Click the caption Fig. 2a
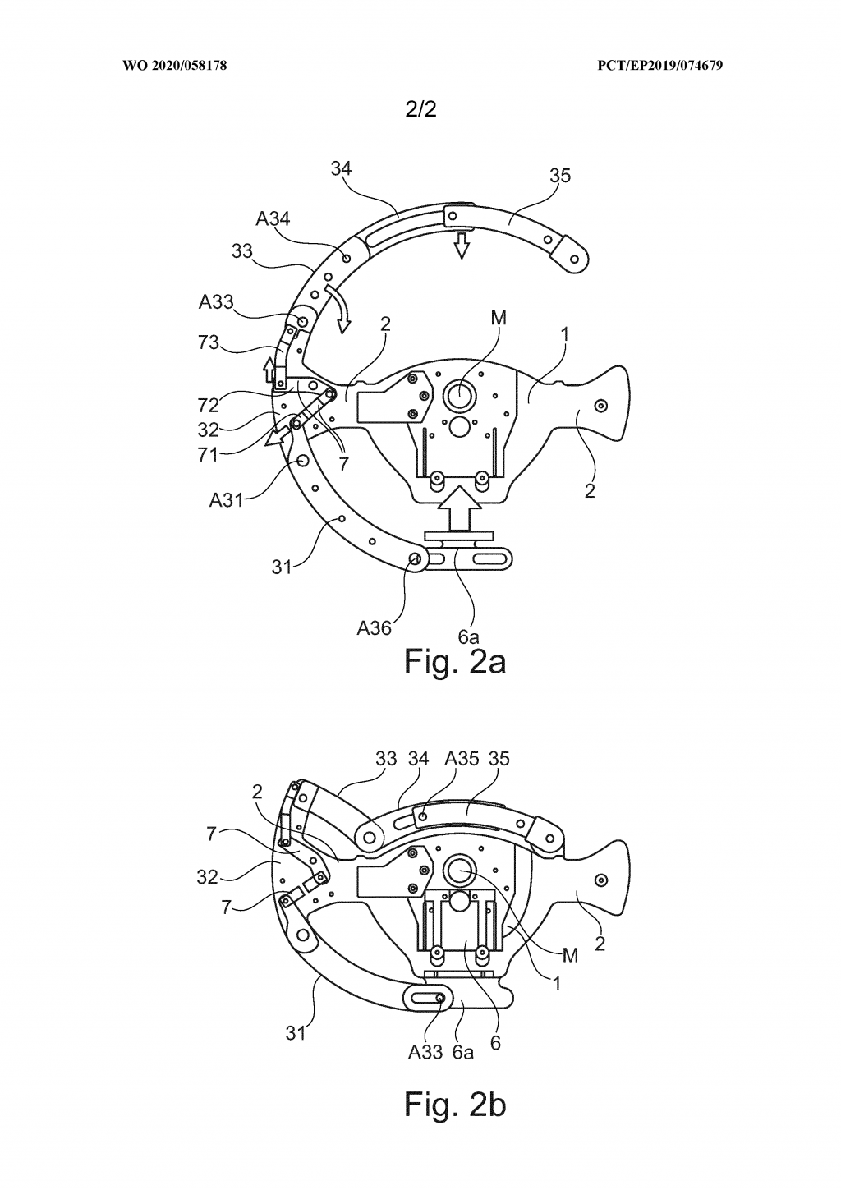[x=454, y=661]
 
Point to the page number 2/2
[x=420, y=110]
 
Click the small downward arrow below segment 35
[x=462, y=245]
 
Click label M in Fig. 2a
[x=497, y=319]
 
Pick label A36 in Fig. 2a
[x=373, y=628]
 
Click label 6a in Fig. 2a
[x=469, y=636]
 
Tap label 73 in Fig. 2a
[x=209, y=342]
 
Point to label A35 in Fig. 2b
[x=461, y=758]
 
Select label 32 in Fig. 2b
[x=207, y=877]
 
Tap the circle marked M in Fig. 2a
[x=459, y=396]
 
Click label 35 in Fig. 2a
[x=560, y=176]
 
